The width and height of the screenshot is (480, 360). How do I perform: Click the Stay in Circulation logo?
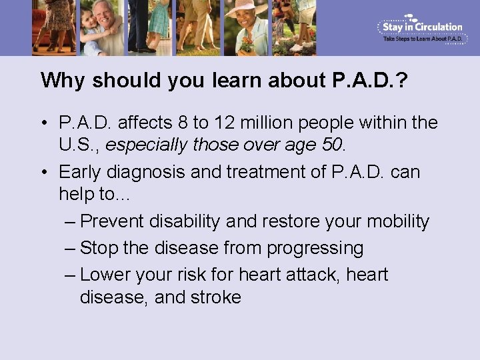tap(421, 29)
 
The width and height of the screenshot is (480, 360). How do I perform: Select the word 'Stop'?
tap(99, 249)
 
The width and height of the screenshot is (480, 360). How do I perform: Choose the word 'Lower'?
tap(106, 275)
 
